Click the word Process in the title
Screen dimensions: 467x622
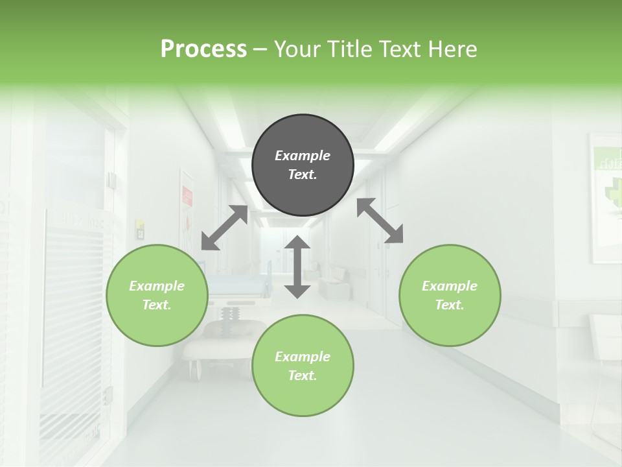point(203,49)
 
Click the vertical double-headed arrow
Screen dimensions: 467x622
point(297,267)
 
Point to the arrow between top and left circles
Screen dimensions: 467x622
point(224,228)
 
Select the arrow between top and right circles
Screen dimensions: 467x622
point(380,221)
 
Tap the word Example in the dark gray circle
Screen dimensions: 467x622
point(303,156)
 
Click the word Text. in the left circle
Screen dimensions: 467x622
point(157,305)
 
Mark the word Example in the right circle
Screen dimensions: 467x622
point(450,286)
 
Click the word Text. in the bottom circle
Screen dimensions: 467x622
point(303,376)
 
